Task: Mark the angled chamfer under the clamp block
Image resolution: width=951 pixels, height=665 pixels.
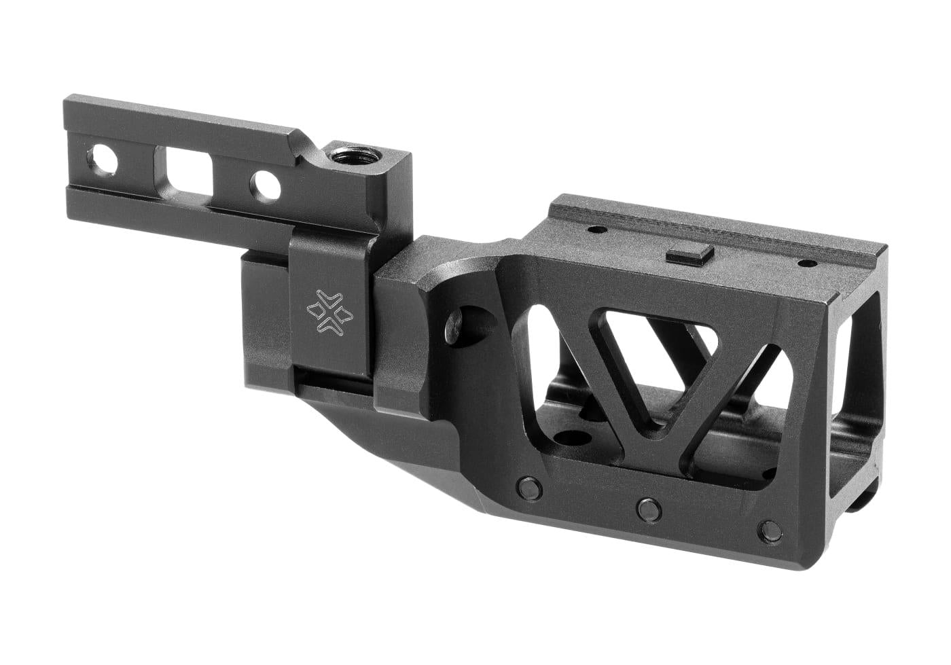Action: coord(408,462)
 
